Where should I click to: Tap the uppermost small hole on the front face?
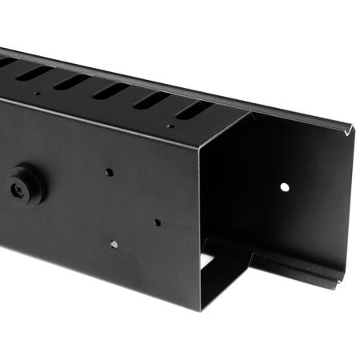tap(110, 171)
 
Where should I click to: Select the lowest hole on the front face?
tap(114, 244)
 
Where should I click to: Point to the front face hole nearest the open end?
tap(157, 222)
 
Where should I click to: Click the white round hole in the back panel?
tap(284, 186)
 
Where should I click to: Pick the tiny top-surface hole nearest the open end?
tap(170, 126)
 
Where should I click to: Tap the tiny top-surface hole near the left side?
tap(37, 93)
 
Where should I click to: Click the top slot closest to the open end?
tap(192, 110)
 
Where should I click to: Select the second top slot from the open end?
tap(150, 100)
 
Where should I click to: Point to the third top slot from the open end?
tap(110, 90)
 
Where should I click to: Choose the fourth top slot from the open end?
tap(72, 82)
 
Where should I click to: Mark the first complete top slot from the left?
tap(35, 72)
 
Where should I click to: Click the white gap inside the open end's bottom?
tap(206, 262)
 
